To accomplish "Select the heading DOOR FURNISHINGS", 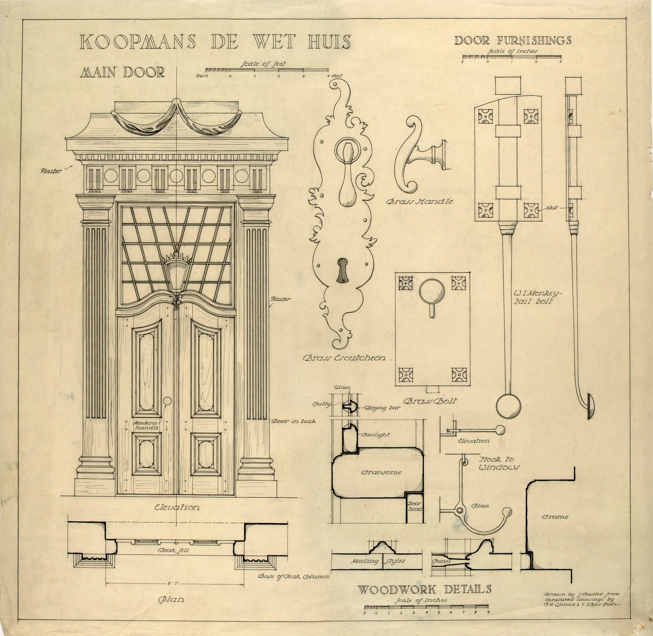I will click(512, 40).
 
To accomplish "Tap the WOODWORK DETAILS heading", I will click(424, 589).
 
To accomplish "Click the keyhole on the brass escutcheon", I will click(342, 270).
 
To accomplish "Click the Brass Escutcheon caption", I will click(344, 358).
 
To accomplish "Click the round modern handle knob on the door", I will click(167, 401).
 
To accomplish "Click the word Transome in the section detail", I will click(381, 472).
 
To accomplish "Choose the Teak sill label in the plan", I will click(173, 550).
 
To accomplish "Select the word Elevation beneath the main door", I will click(177, 508).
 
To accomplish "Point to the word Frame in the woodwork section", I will click(555, 517).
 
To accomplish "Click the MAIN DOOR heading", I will click(122, 72).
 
